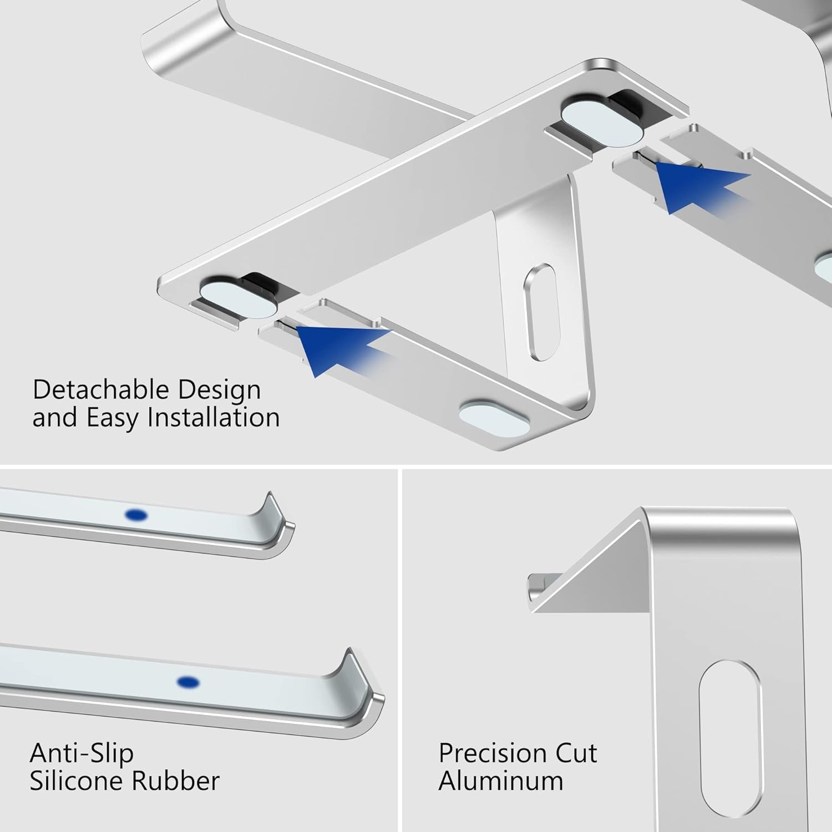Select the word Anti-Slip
click(x=82, y=753)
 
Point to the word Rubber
click(x=175, y=781)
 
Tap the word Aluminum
click(x=501, y=781)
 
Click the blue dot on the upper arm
click(x=136, y=516)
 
